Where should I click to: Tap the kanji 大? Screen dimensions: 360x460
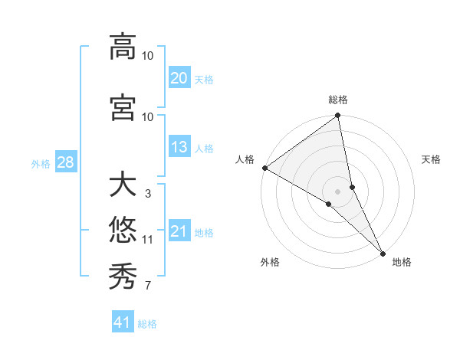123,185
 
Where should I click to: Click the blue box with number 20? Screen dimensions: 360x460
179,78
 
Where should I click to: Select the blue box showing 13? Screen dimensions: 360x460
179,147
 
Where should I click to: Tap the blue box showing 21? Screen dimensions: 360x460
179,231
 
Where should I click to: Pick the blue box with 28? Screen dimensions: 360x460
64,162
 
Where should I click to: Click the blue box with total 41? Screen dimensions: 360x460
123,322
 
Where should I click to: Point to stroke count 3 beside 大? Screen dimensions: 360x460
147,194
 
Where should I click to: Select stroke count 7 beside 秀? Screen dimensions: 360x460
147,286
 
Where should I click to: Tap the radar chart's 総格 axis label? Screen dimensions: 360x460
338,100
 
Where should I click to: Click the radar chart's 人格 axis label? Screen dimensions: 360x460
245,159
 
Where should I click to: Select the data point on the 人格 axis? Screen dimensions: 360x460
264,168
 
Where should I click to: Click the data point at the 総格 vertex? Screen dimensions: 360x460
338,116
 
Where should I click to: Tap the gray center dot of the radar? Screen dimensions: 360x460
338,191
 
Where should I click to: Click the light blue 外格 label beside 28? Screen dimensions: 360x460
41,163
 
